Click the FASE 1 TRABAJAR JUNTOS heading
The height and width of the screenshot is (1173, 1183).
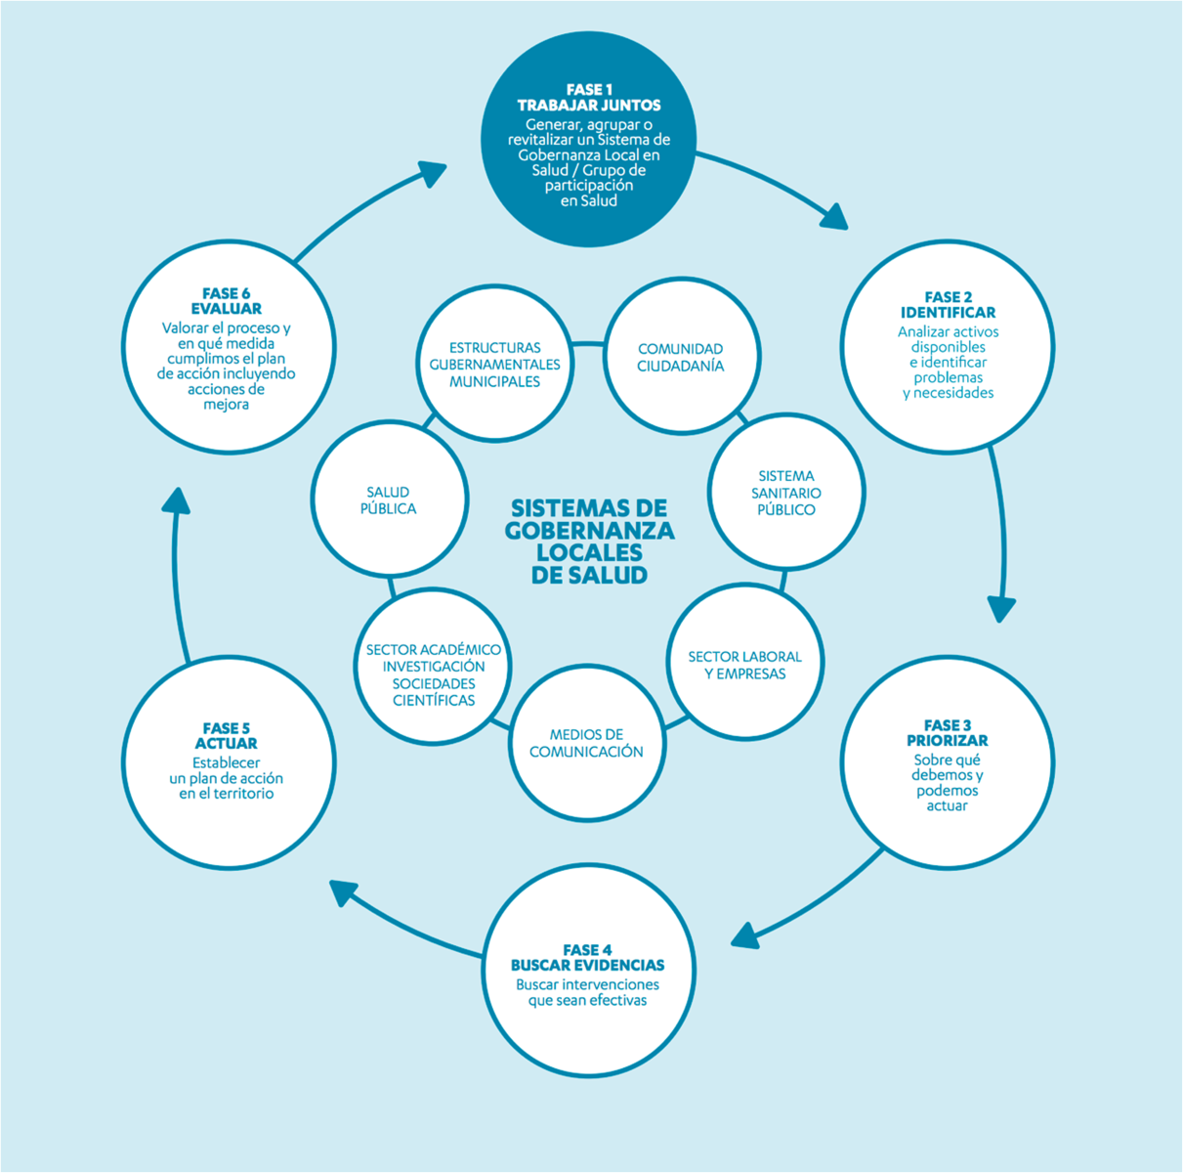tap(589, 98)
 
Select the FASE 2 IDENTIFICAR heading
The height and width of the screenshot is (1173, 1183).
tap(948, 305)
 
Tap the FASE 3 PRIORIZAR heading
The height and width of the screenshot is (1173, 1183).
tap(947, 733)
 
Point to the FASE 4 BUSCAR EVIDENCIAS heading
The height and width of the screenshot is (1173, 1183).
tap(587, 958)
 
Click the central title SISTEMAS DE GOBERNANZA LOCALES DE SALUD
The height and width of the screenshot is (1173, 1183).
tap(589, 541)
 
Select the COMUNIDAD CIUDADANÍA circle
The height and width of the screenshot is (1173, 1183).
tap(681, 357)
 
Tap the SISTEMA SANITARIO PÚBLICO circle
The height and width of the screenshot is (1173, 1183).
tap(786, 492)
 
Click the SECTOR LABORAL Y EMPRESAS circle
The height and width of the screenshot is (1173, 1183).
tap(744, 665)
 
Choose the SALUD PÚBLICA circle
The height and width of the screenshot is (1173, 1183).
tap(389, 500)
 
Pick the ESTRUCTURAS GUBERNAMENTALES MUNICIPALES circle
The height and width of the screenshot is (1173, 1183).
tap(494, 364)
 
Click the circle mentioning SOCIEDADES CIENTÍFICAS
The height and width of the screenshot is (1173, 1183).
tap(434, 674)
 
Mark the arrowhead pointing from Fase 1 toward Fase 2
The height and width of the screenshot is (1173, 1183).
tap(833, 216)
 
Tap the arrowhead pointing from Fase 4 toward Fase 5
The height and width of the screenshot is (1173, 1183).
tap(344, 892)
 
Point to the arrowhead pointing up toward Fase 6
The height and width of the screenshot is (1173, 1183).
tap(176, 500)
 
